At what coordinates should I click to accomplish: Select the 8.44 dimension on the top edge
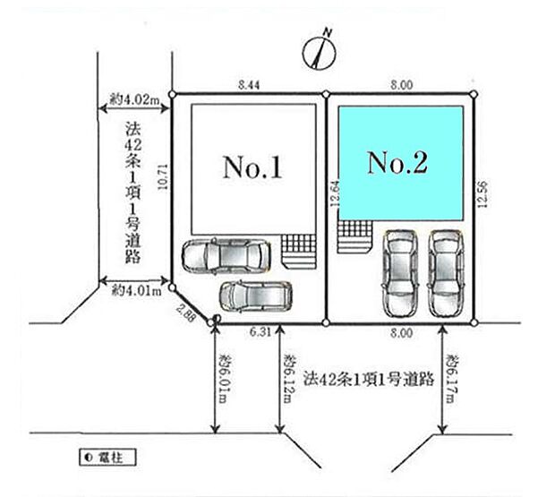point(250,84)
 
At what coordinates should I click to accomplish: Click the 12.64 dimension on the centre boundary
point(334,196)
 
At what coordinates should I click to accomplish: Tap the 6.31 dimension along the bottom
point(261,332)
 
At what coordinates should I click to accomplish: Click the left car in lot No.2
point(399,273)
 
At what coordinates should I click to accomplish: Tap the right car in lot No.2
point(446,273)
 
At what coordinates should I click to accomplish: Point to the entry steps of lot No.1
point(298,250)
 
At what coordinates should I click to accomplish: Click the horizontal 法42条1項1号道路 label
point(368,378)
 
